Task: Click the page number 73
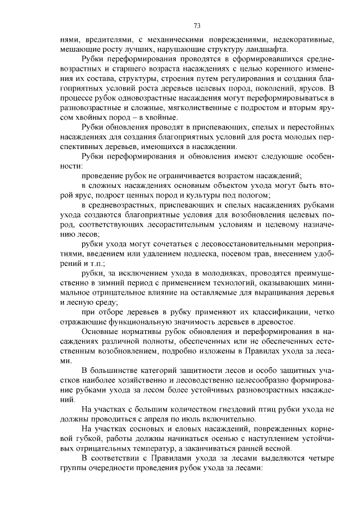(197, 25)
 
